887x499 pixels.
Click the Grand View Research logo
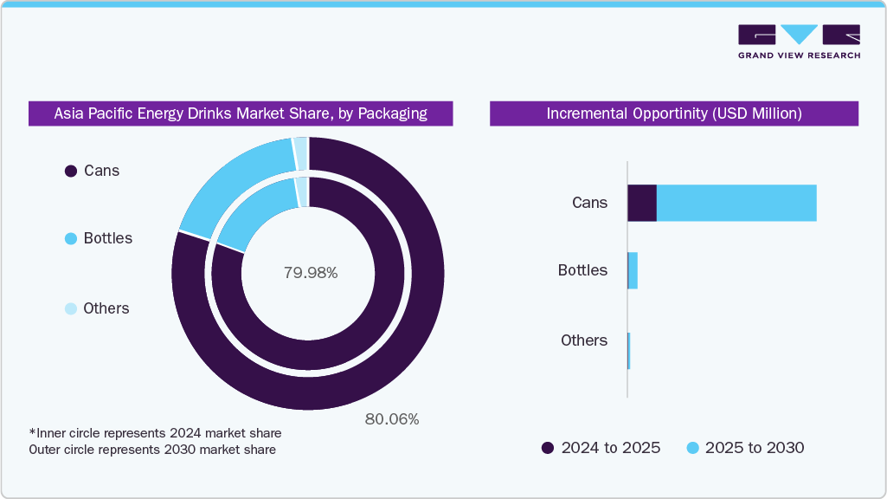799,42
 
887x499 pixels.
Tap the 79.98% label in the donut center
311,273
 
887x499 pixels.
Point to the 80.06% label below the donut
391,419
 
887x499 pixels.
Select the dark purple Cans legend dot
71,172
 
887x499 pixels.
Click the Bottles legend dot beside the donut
71,239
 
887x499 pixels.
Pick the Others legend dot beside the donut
71,309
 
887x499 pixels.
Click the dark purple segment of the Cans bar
642,203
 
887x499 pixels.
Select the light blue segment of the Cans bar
736,203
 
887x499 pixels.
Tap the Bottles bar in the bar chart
633,271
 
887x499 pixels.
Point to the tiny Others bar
629,340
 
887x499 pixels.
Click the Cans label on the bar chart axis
589,203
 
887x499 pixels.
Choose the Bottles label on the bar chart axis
582,270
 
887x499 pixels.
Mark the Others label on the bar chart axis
584,340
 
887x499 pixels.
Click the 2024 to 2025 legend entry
601,448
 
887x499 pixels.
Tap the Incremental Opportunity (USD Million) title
674,113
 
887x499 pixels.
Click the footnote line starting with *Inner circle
155,432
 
